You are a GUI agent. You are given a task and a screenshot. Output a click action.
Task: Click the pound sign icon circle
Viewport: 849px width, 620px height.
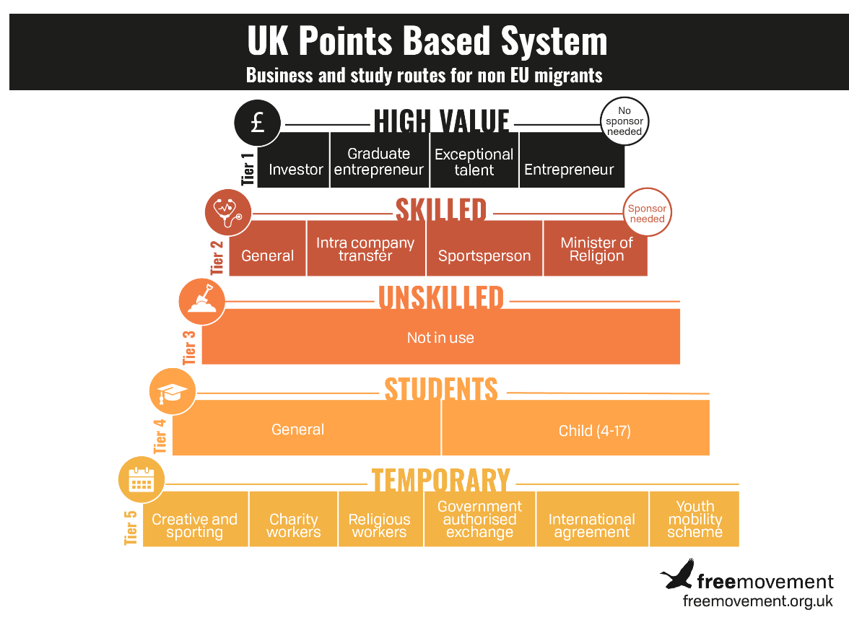tap(258, 123)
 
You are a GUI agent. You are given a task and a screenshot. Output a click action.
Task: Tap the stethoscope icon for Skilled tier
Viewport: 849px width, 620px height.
tap(228, 212)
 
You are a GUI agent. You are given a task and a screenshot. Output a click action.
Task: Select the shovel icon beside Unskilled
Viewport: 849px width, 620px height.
tap(202, 302)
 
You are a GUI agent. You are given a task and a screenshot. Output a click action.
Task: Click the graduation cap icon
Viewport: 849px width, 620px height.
tap(173, 391)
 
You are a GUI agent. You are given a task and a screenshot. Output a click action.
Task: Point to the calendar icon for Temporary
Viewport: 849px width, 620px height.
tap(141, 480)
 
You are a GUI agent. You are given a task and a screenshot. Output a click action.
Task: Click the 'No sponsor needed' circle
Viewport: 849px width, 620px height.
tap(624, 121)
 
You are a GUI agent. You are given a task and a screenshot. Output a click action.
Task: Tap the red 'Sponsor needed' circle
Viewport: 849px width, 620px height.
tap(647, 212)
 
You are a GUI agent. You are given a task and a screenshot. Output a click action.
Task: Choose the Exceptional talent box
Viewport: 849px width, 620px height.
tap(474, 160)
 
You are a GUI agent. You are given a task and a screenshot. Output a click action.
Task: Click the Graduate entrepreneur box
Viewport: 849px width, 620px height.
tap(380, 160)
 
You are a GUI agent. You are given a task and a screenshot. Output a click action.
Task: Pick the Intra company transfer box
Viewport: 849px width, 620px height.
tap(366, 248)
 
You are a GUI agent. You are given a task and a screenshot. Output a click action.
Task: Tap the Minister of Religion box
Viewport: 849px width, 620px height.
tap(596, 248)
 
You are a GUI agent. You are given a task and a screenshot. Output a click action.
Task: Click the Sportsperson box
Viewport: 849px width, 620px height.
tap(484, 248)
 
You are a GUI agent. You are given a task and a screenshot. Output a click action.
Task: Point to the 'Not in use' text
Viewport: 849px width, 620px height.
tap(440, 338)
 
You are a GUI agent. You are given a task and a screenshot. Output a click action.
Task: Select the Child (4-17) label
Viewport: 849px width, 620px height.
tap(595, 431)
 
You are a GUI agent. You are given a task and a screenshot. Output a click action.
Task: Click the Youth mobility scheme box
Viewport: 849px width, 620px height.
tap(695, 519)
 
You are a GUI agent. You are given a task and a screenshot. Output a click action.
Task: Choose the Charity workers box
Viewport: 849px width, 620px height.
tap(293, 519)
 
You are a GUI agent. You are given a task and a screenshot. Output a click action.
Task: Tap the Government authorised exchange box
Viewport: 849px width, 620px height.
tap(479, 519)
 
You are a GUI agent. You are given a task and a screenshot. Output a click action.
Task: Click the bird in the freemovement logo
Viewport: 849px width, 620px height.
tap(677, 574)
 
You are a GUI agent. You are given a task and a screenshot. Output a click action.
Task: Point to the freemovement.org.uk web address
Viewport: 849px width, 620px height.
tap(757, 601)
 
